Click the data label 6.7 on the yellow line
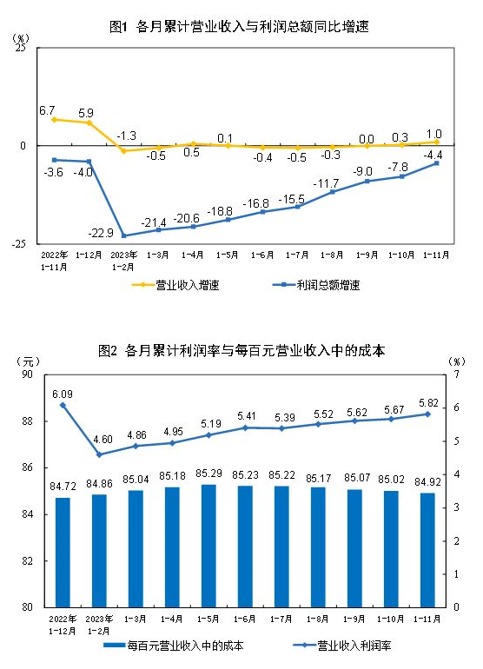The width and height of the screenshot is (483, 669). click(47, 110)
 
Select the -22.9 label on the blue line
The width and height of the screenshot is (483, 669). click(102, 232)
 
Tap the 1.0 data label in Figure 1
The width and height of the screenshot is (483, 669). click(434, 133)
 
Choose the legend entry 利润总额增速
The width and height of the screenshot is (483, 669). click(328, 285)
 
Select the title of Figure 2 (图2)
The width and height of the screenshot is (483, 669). click(241, 351)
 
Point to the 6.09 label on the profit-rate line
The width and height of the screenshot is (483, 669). click(62, 393)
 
